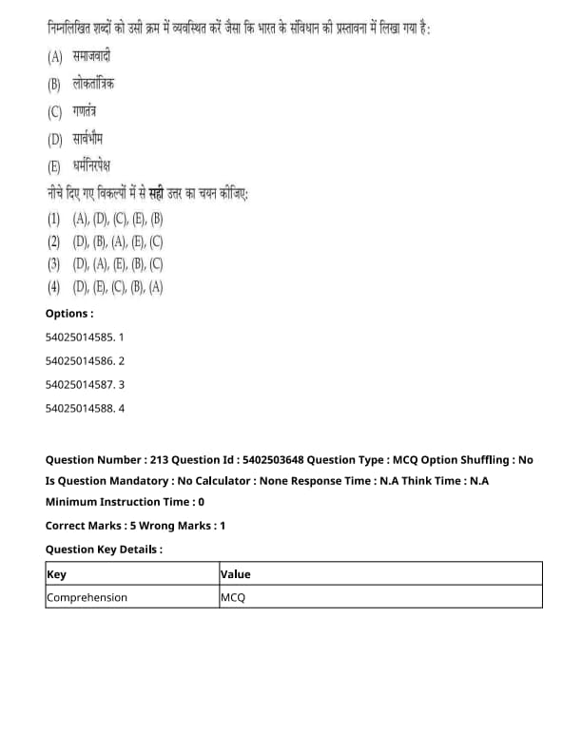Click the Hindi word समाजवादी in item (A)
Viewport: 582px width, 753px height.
(92, 56)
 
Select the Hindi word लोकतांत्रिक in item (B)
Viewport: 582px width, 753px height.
(94, 84)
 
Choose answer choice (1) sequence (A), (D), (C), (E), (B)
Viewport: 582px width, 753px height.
(118, 218)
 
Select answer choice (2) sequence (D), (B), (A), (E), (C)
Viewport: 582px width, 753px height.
(118, 241)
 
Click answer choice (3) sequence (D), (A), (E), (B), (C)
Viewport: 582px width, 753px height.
(118, 264)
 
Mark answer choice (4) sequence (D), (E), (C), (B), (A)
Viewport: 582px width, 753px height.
(118, 287)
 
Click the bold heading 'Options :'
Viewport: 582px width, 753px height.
(69, 313)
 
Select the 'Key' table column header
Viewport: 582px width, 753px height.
(56, 574)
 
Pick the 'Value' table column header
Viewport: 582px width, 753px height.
(235, 574)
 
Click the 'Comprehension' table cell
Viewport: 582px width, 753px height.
(87, 597)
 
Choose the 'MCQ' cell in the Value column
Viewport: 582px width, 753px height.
(233, 597)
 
